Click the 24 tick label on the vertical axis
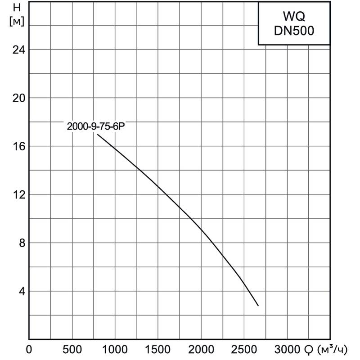point(17,49)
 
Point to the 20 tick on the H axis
point(17,98)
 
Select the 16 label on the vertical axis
point(17,146)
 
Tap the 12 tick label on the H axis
point(17,194)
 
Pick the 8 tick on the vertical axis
point(20,243)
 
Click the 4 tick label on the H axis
point(20,291)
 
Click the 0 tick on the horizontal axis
point(29,349)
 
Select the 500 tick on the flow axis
point(72,349)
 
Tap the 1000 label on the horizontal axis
point(115,349)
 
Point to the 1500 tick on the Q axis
point(158,349)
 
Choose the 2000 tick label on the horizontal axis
point(201,349)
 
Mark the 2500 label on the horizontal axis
point(244,349)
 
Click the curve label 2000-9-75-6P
point(95,127)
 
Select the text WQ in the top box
point(294,17)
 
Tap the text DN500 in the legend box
point(294,31)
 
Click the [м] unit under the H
point(17,21)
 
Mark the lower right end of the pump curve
point(258,306)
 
